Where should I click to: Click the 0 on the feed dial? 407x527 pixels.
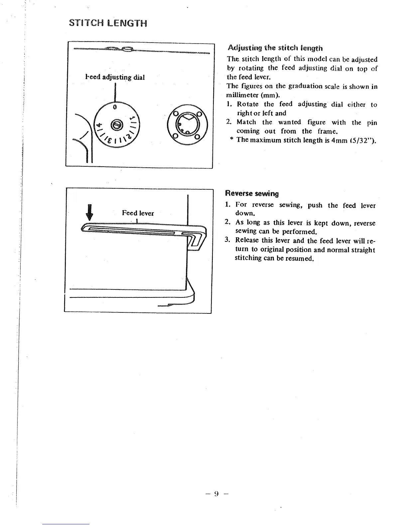point(114,107)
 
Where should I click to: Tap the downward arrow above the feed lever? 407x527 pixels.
point(88,212)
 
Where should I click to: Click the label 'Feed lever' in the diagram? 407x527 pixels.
point(138,213)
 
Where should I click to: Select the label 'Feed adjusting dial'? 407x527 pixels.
point(115,78)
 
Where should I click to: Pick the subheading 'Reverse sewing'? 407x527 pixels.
point(252,194)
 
